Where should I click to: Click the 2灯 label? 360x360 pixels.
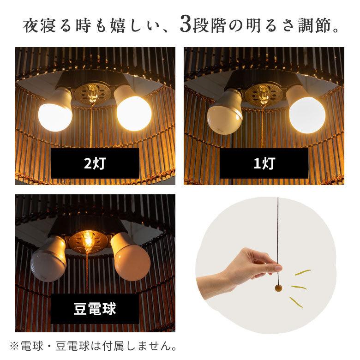(x=95, y=163)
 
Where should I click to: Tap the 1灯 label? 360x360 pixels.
(x=264, y=163)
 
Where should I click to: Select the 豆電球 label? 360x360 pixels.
(x=95, y=308)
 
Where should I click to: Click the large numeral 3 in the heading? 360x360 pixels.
(x=186, y=25)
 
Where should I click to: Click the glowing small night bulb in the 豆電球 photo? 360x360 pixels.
(x=87, y=239)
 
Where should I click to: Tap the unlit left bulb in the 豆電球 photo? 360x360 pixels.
(x=48, y=261)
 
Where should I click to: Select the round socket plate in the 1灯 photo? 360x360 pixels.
(x=262, y=94)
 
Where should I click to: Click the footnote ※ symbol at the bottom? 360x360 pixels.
(x=14, y=345)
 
